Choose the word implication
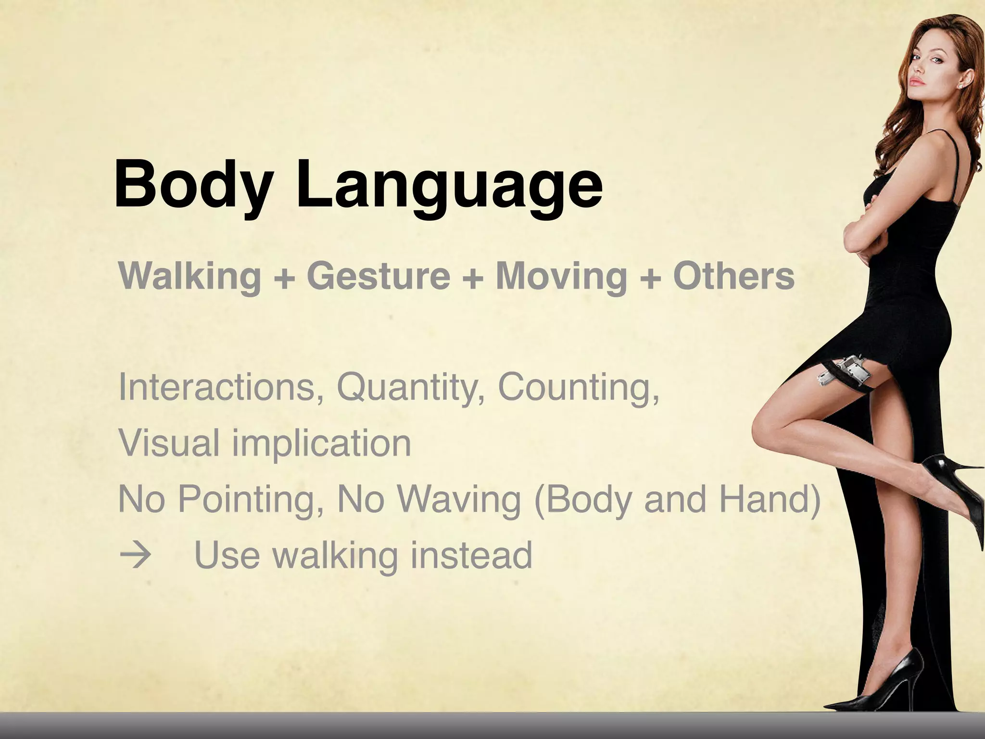tap(322, 444)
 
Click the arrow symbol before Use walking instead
tap(134, 556)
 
